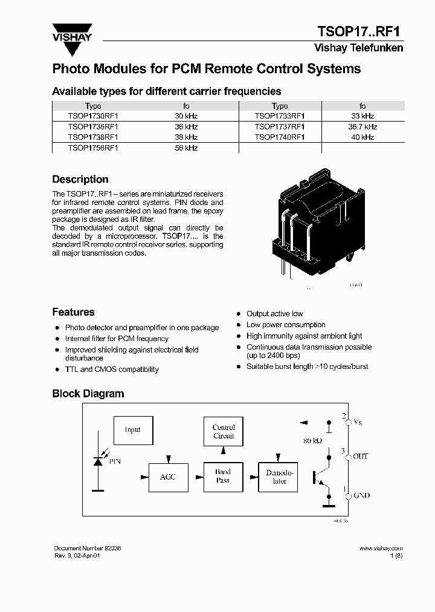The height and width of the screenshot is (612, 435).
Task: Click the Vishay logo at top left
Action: coord(72,32)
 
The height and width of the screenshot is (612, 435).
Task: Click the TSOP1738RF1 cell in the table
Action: coord(93,137)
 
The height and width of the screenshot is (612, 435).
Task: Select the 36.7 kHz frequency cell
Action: coord(362,127)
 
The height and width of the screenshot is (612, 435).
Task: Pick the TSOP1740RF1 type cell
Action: coord(280,137)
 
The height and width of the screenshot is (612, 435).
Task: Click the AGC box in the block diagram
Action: coord(168,477)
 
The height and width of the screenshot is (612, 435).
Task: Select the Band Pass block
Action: coord(223,476)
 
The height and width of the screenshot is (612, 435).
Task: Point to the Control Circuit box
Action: coord(223,432)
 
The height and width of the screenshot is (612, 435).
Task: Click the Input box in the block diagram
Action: coord(133,430)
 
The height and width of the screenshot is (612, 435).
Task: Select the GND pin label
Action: coord(361,495)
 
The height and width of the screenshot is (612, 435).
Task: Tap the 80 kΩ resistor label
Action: coord(312,441)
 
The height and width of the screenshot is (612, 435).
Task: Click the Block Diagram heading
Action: coord(88,394)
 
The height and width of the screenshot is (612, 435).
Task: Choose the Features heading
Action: coord(73,313)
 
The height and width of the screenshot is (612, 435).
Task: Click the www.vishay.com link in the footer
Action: coord(381,549)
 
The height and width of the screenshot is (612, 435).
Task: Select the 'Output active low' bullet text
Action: coord(274,314)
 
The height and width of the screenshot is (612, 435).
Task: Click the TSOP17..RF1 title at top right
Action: coord(360,31)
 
